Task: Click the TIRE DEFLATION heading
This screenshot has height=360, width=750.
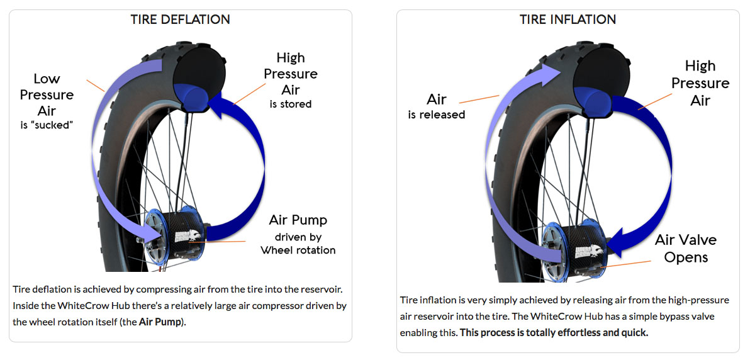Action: [x=181, y=20]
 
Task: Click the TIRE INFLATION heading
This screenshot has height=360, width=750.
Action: [x=568, y=20]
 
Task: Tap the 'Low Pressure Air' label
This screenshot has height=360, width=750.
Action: [x=47, y=94]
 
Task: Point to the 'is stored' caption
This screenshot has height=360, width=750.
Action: [x=290, y=104]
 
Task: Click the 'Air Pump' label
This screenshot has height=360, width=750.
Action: [x=298, y=220]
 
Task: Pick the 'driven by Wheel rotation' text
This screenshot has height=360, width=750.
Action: [x=298, y=243]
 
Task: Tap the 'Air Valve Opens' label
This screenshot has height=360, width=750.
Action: [x=685, y=249]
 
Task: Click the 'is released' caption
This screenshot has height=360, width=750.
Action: [x=436, y=115]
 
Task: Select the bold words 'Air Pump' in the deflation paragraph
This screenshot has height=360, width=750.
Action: [x=160, y=322]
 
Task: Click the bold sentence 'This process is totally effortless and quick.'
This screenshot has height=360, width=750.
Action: [x=554, y=332]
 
